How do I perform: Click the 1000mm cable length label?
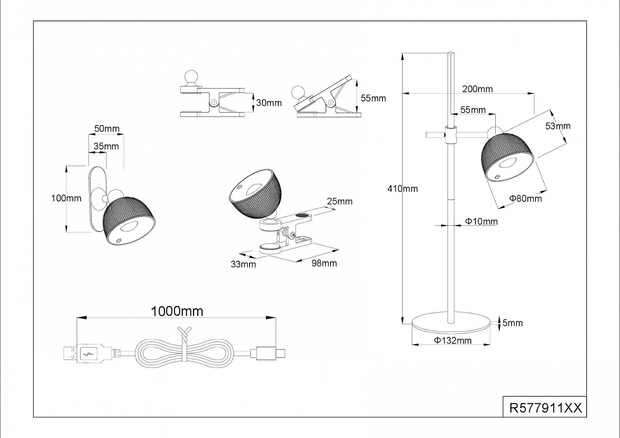click(177, 311)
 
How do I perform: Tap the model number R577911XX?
click(545, 408)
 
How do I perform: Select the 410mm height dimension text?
click(403, 189)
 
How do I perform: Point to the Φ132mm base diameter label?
click(453, 341)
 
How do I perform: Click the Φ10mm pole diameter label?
click(481, 222)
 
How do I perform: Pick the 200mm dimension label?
click(477, 89)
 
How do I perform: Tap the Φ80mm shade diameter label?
click(525, 199)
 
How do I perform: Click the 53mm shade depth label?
click(558, 126)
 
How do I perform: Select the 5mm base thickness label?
click(512, 323)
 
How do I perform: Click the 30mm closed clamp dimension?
click(269, 103)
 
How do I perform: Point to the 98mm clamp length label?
click(324, 263)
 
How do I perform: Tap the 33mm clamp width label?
click(243, 265)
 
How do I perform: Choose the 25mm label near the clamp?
click(339, 201)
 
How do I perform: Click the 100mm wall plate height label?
click(66, 198)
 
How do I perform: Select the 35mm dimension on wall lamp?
click(106, 146)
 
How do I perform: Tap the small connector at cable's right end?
click(267, 353)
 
